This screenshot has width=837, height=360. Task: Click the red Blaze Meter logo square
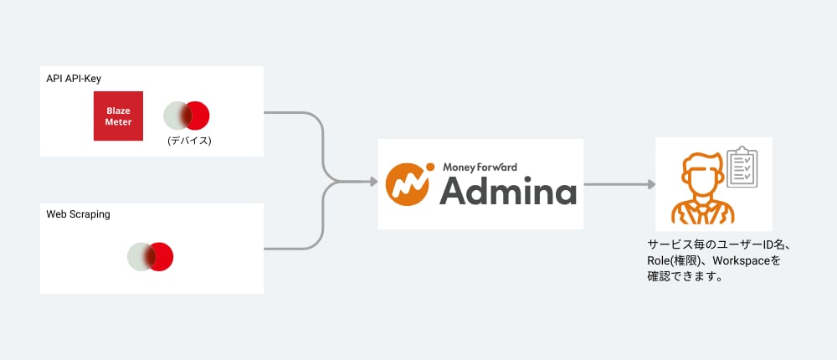click(x=118, y=116)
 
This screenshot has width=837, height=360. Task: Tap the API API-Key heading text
click(x=74, y=79)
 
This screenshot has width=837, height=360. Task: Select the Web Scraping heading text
click(x=78, y=214)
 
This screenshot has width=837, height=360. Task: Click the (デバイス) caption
click(x=189, y=141)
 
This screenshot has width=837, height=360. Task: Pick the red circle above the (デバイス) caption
click(x=194, y=116)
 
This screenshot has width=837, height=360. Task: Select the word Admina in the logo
click(x=508, y=189)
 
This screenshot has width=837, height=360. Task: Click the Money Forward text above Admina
click(x=480, y=167)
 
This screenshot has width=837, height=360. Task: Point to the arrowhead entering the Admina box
click(x=374, y=183)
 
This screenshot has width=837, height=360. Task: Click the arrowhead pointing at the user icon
click(x=651, y=184)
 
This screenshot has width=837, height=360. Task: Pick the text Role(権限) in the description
click(x=670, y=261)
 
